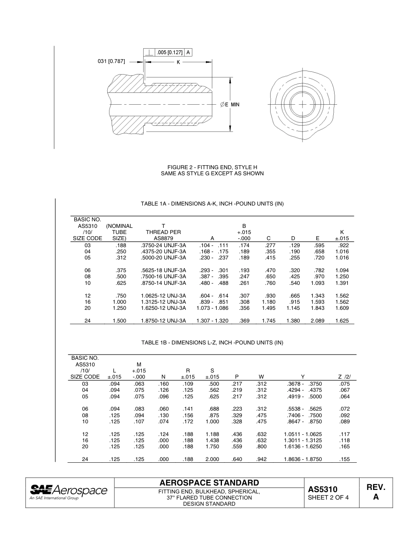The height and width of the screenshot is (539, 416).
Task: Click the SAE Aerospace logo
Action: tap(68, 492)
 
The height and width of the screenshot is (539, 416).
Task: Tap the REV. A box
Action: tap(376, 492)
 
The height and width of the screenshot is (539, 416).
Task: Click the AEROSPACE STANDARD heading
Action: tap(209, 482)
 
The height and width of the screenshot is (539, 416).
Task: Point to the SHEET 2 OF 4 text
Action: tap(328, 497)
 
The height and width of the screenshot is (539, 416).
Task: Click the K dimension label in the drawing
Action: tap(178, 62)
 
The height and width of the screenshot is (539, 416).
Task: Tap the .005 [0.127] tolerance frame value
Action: tap(170, 52)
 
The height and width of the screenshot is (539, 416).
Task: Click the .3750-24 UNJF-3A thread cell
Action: tap(163, 245)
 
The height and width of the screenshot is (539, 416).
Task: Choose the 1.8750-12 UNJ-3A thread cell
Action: tap(163, 321)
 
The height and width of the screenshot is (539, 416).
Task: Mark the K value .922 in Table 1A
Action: tap(344, 245)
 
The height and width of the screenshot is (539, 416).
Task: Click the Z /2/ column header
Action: tap(345, 376)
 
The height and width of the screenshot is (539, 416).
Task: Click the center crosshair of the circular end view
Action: tap(302, 104)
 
